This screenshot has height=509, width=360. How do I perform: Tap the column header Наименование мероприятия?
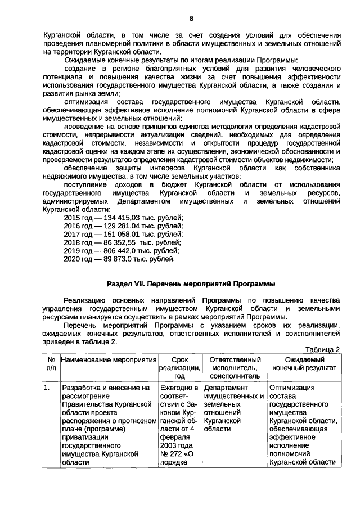pyautogui.click(x=107, y=359)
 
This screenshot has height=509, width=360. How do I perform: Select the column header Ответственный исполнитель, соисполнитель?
pyautogui.click(x=235, y=367)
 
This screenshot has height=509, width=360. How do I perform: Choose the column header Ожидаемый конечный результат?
pyautogui.click(x=304, y=363)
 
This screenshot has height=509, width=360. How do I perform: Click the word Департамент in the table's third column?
pyautogui.click(x=226, y=388)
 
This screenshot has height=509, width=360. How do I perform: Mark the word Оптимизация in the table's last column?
pyautogui.click(x=292, y=388)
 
